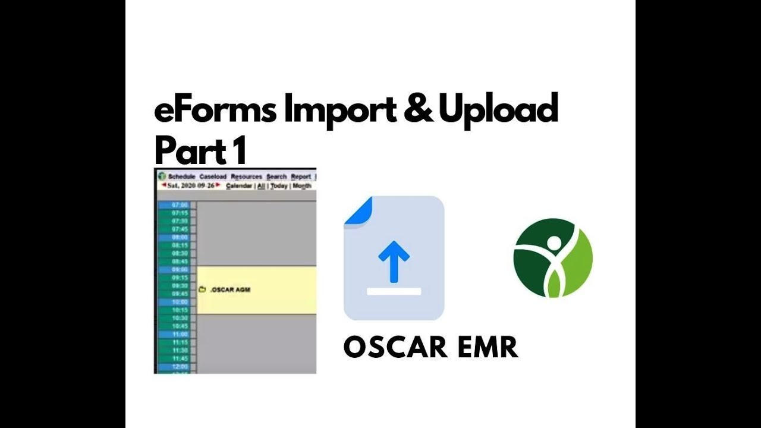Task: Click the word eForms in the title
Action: pos(215,111)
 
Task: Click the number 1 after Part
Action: pos(239,152)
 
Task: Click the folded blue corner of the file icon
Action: pos(358,210)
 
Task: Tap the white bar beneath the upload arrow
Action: pos(394,291)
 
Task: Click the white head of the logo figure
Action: pos(554,243)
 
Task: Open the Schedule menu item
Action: pos(181,177)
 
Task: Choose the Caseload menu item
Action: pos(213,177)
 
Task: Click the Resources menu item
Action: pos(246,177)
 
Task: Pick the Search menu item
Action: pos(276,177)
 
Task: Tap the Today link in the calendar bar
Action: pos(279,185)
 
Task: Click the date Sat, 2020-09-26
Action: pos(191,185)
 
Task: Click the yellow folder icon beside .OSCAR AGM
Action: pos(202,290)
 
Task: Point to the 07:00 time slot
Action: pos(179,205)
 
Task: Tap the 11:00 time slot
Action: pos(179,334)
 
